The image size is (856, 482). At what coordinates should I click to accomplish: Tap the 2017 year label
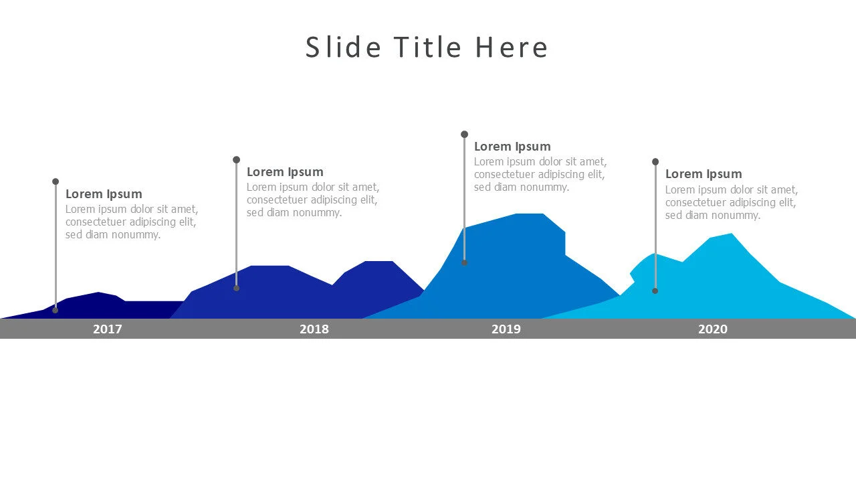click(108, 329)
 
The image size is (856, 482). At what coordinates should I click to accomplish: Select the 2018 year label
click(314, 329)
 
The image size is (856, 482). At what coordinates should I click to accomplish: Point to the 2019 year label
click(506, 329)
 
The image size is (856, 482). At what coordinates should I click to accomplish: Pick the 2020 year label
click(713, 329)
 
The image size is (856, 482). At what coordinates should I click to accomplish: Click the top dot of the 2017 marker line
click(56, 181)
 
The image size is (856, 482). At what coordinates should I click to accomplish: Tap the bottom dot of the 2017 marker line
click(56, 310)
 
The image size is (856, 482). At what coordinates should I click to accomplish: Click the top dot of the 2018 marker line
click(236, 160)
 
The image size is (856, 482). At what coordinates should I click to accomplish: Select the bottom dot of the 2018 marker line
click(236, 288)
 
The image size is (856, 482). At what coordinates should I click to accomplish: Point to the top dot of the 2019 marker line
click(464, 135)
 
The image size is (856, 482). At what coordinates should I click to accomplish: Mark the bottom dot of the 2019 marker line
click(464, 262)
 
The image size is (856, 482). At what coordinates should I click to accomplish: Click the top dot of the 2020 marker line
click(655, 162)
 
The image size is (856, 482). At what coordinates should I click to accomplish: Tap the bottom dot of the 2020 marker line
click(655, 291)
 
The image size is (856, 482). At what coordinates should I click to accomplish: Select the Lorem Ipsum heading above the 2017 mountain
click(104, 194)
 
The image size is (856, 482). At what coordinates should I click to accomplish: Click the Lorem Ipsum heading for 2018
click(285, 172)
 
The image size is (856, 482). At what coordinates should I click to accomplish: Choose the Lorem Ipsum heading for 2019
click(512, 147)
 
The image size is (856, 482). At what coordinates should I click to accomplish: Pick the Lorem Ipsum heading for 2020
click(704, 174)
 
